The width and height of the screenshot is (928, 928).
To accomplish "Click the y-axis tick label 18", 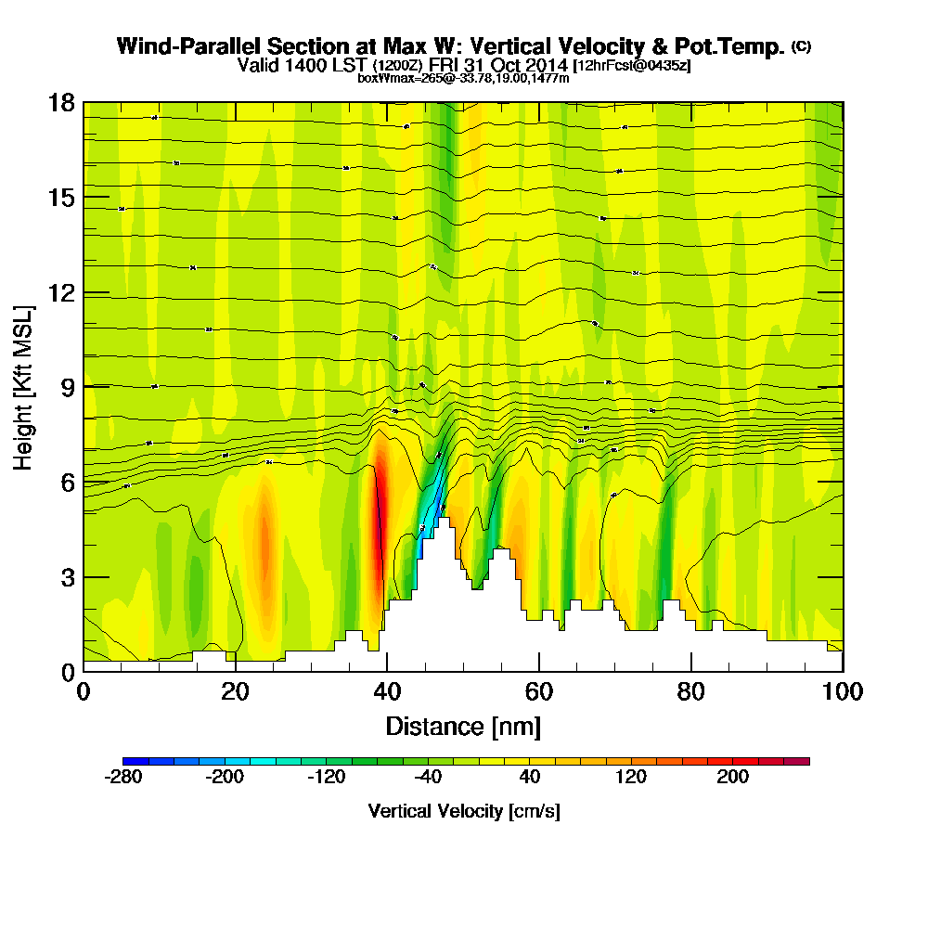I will (x=61, y=103).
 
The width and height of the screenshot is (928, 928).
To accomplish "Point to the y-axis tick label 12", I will (x=61, y=293).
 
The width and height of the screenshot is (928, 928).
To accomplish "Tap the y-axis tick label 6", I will (x=68, y=483).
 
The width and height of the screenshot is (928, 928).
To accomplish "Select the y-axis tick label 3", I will (x=68, y=577).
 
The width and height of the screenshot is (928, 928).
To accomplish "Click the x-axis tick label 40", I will (x=387, y=692).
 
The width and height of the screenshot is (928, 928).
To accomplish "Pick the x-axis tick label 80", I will (x=690, y=692).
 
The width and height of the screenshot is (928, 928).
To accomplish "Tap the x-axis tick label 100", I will (x=842, y=692).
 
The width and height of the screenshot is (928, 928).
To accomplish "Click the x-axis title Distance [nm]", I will (x=463, y=726).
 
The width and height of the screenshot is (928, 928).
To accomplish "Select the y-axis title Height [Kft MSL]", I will (x=24, y=387).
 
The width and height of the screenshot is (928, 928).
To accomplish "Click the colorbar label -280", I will (x=124, y=778).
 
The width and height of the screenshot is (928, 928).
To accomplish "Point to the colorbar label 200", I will (x=733, y=778).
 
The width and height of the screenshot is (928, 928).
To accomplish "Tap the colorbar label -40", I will (x=428, y=778).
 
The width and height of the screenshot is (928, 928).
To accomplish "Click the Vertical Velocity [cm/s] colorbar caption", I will (x=464, y=811).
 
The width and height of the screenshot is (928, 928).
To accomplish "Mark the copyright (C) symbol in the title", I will (x=802, y=46).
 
